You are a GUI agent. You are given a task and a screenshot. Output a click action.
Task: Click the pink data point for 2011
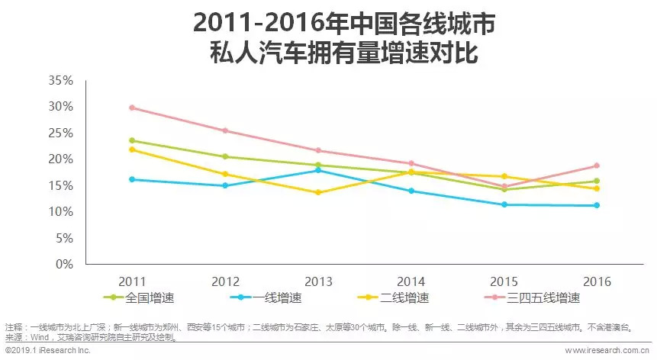(x=132, y=108)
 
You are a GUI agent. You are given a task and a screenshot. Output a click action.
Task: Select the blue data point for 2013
(x=318, y=170)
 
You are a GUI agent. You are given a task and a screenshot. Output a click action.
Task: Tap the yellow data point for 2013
(x=318, y=192)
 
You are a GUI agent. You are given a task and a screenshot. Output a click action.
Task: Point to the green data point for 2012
(x=225, y=156)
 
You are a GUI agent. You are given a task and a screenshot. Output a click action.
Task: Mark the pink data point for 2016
(x=597, y=166)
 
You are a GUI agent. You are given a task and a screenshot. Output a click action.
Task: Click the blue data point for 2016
(x=597, y=205)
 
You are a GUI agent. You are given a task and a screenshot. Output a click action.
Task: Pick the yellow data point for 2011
(x=132, y=149)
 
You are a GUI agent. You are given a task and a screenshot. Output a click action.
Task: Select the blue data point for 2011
(x=132, y=179)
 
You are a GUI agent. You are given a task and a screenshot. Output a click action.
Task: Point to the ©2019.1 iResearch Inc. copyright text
(x=47, y=351)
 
